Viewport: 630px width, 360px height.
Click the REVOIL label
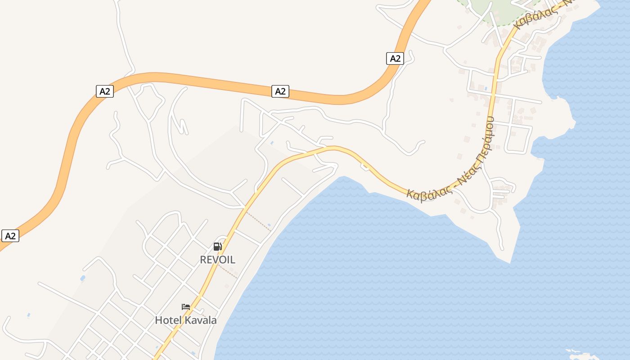point(217,260)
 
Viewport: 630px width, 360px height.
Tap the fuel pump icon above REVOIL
point(218,246)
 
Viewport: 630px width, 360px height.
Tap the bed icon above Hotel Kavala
point(185,307)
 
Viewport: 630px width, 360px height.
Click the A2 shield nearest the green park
point(395,58)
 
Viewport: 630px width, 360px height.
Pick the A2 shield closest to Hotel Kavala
point(10,236)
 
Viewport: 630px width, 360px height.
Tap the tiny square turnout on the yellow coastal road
point(365,167)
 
